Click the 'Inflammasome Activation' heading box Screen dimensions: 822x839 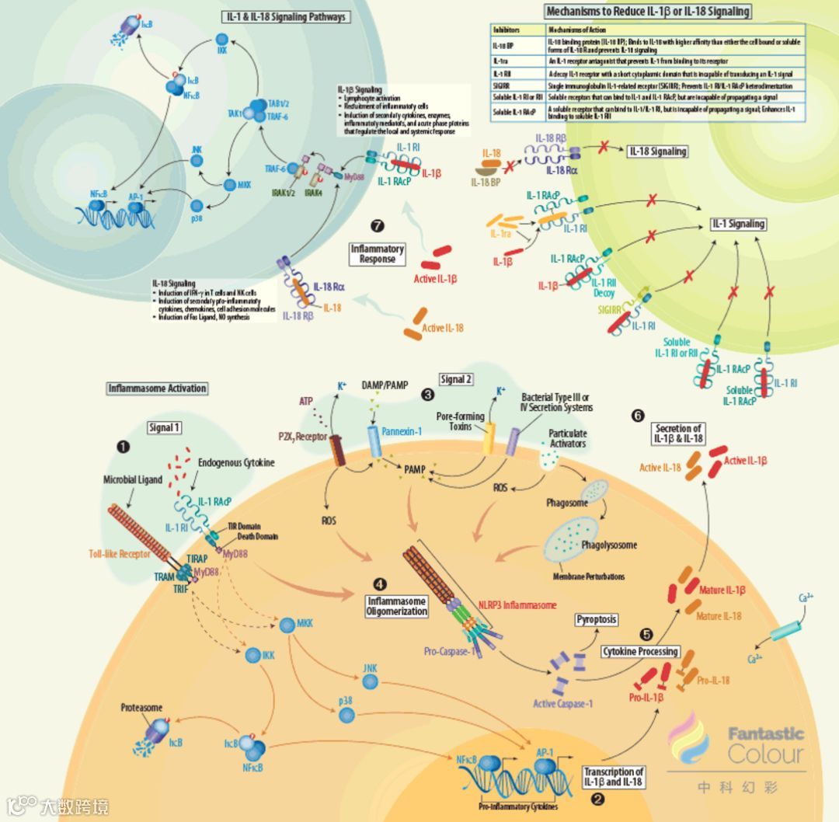(x=158, y=388)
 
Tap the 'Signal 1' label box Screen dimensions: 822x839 (x=164, y=427)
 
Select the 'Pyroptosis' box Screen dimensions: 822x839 (x=597, y=619)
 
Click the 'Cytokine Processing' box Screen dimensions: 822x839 (x=640, y=651)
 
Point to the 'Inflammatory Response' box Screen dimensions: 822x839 (x=378, y=254)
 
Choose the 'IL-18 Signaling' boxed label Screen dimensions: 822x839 (x=657, y=152)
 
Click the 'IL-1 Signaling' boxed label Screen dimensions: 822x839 (x=738, y=224)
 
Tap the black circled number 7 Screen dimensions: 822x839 (x=378, y=226)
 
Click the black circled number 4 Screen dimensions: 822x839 (x=378, y=583)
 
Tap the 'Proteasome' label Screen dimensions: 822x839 (x=141, y=709)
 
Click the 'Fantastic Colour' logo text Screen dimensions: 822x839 (x=766, y=744)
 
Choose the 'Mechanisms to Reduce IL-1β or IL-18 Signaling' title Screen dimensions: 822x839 (x=648, y=12)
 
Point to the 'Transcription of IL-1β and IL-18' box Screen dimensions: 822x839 (x=614, y=777)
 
